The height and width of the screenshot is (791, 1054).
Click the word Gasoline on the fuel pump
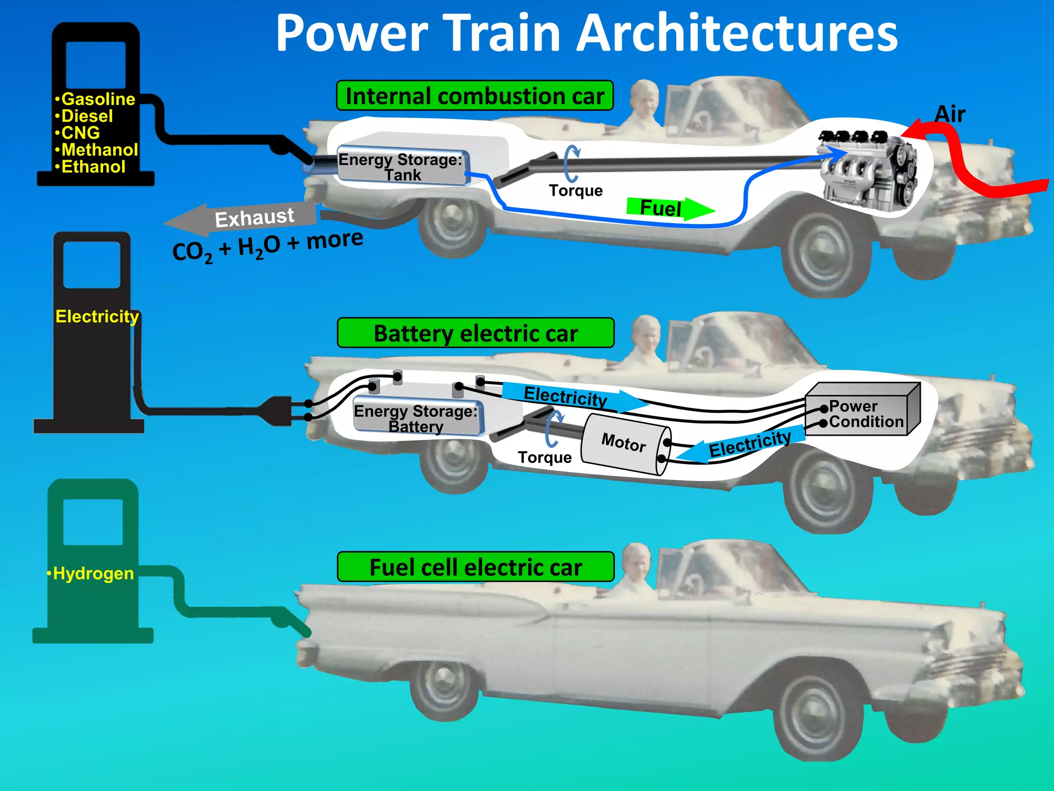(x=98, y=99)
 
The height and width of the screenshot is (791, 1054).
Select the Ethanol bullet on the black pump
(x=93, y=167)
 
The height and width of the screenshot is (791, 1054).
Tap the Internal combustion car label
(x=475, y=96)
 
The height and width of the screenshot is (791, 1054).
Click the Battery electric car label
(x=476, y=333)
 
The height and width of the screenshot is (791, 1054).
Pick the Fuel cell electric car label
(x=476, y=567)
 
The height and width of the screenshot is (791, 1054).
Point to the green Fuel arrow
(x=669, y=208)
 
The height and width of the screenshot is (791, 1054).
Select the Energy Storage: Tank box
(x=402, y=167)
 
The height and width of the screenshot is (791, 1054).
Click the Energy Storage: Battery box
(x=417, y=418)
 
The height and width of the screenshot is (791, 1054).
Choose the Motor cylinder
(x=625, y=444)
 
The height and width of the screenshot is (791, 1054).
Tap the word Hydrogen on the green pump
(x=93, y=573)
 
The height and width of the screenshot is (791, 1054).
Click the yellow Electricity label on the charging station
(x=97, y=316)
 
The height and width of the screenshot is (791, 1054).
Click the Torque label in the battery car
(x=544, y=457)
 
